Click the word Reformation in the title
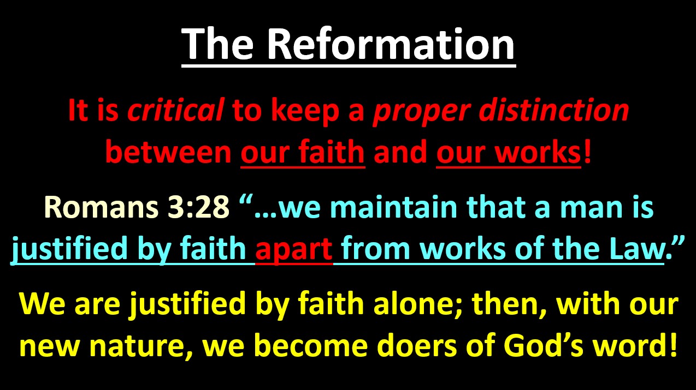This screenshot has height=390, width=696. coord(391,44)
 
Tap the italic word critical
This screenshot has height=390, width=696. coord(175,110)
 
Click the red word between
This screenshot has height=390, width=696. coord(168,152)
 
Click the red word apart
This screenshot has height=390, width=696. coord(293,250)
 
